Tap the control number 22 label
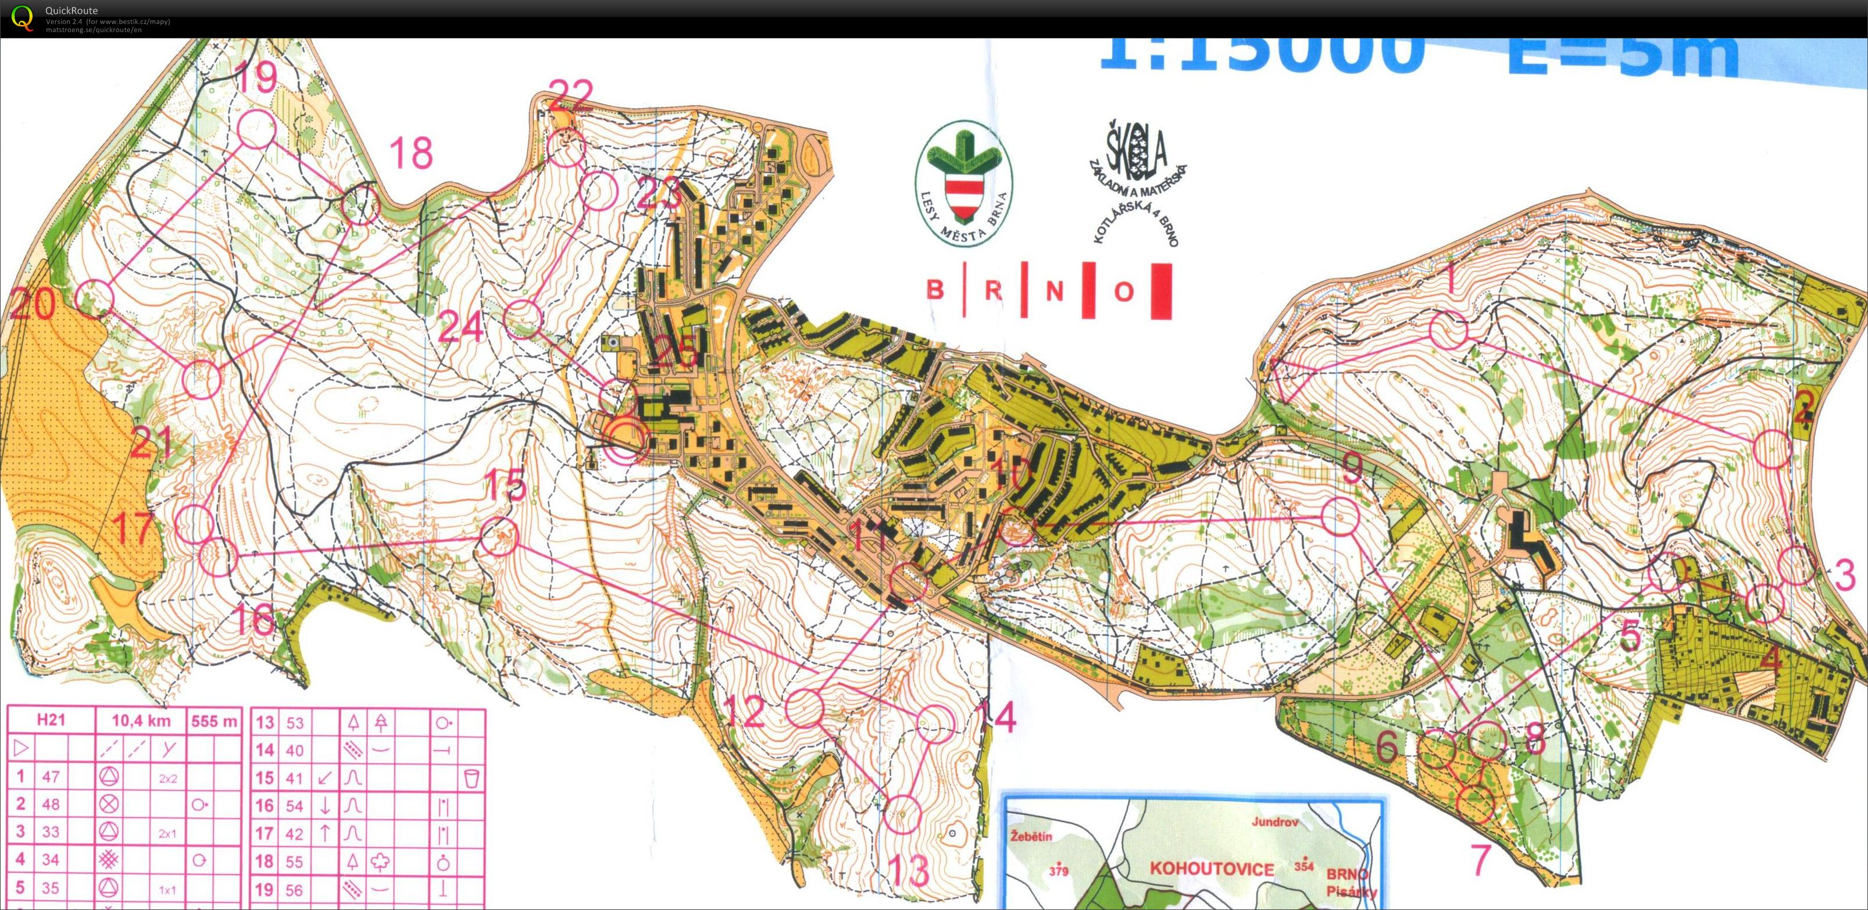click(x=571, y=95)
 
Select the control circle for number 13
click(x=903, y=813)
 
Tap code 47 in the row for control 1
click(x=51, y=777)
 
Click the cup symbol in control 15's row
click(x=472, y=778)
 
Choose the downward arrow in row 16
click(x=326, y=805)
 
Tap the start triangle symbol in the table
click(x=21, y=748)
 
